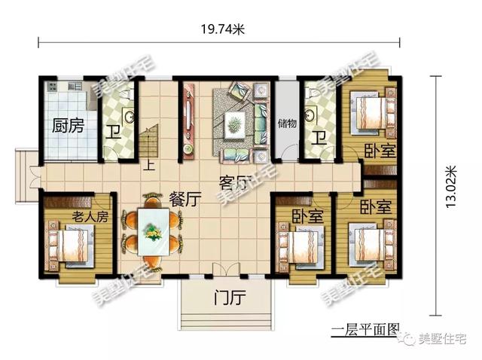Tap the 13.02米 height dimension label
coord(450,188)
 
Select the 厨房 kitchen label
coord(66,127)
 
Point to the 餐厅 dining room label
coord(185,200)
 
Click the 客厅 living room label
coord(235,182)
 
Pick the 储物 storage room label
coord(286,124)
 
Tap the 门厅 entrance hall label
coord(230,298)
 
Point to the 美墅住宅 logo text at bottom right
coord(440,343)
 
